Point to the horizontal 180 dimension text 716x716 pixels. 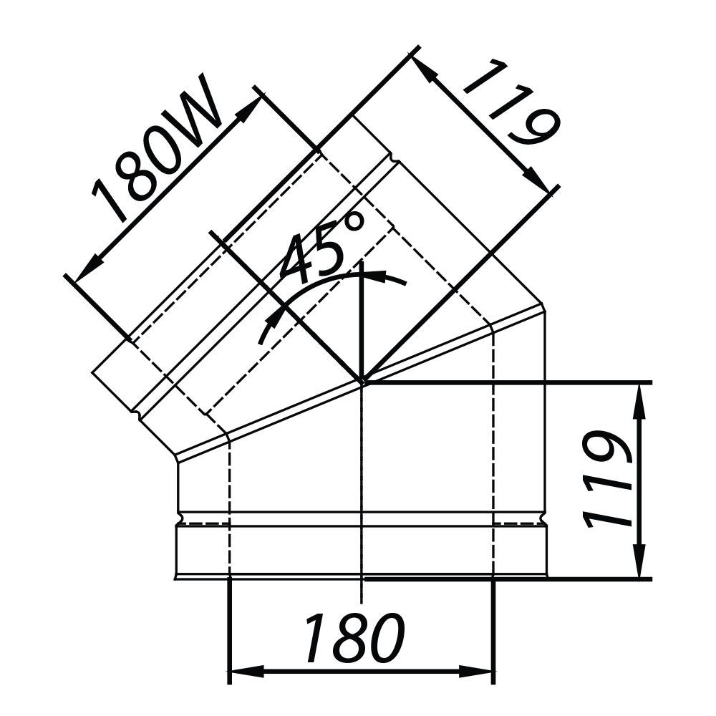pyautogui.click(x=354, y=637)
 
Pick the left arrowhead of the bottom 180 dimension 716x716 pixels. pyautogui.click(x=246, y=672)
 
